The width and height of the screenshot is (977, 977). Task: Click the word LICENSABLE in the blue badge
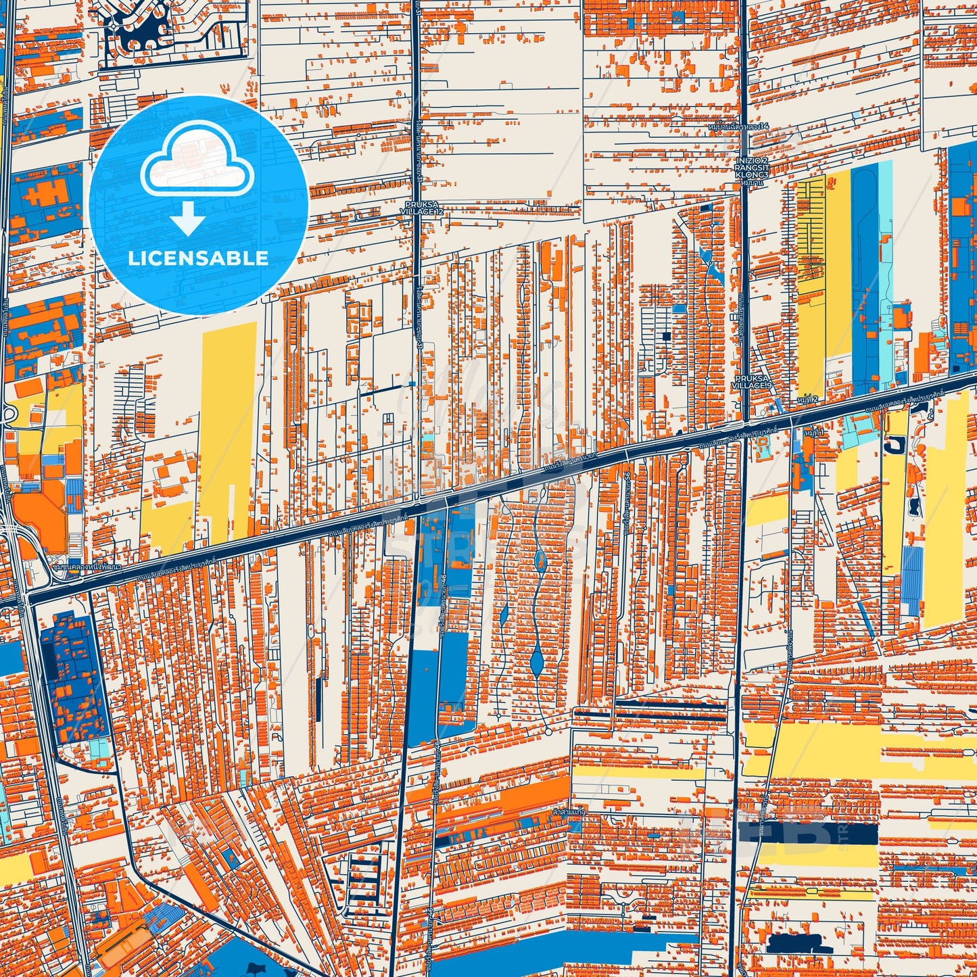tap(198, 258)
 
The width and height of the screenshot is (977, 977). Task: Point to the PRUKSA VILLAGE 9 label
tap(751, 381)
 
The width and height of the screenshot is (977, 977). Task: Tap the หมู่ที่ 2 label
tap(807, 400)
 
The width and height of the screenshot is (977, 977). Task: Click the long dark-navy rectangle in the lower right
tap(808, 834)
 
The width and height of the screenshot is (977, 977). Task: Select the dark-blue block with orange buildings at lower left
tap(74, 676)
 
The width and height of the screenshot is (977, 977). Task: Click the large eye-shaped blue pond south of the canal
tap(538, 659)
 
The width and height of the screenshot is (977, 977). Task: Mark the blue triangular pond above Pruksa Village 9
tap(707, 260)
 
